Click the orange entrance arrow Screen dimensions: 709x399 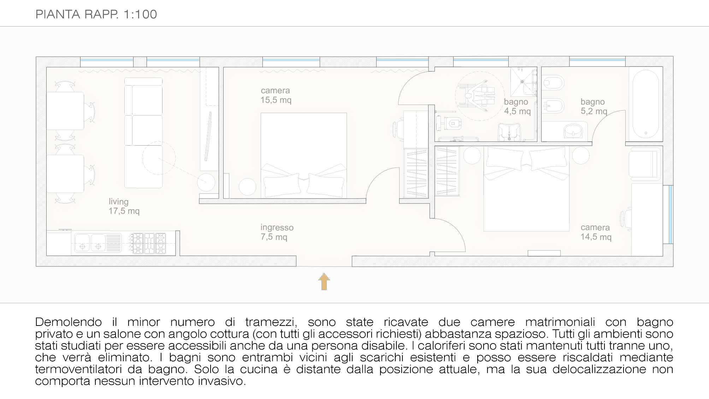pos(324,281)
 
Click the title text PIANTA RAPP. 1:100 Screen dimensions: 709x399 pos(96,14)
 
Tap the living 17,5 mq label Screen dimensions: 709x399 pos(124,206)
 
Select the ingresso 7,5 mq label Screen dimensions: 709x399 pos(277,232)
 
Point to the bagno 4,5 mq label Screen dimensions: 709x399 pos(517,107)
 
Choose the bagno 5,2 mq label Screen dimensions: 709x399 pos(594,107)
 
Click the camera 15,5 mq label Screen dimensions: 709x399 pos(276,95)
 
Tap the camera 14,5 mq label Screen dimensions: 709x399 pos(596,232)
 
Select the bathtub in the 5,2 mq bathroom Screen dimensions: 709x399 pos(645,105)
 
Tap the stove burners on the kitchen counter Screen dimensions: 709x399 pos(149,243)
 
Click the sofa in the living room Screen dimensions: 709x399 pos(143,133)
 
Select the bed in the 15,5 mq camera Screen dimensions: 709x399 pos(303,156)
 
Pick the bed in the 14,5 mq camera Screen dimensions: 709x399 pos(526,189)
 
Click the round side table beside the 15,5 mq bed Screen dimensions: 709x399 pos(247,187)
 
